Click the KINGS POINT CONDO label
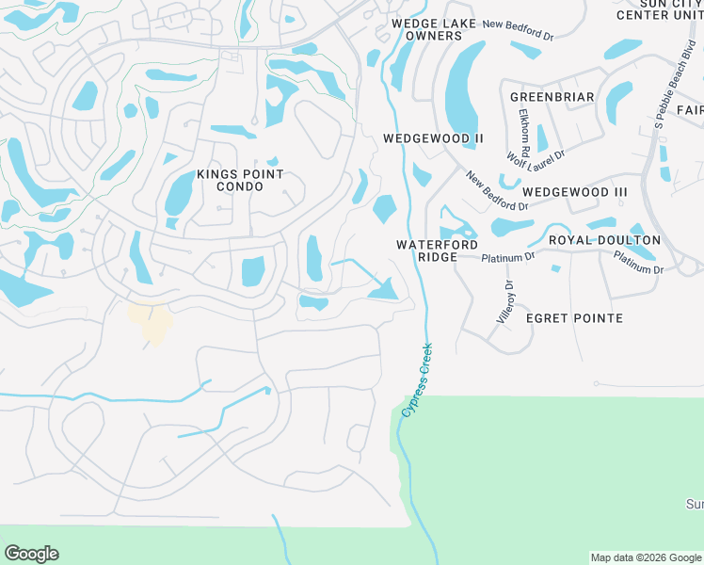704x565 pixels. (x=240, y=180)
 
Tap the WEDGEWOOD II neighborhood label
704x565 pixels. (x=433, y=138)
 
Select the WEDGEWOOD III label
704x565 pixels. (x=575, y=192)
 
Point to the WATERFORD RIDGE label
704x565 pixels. (x=437, y=250)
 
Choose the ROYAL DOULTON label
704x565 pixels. (x=604, y=240)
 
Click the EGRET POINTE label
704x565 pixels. (x=574, y=318)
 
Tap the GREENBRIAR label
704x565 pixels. (x=552, y=97)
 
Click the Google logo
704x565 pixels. (x=31, y=554)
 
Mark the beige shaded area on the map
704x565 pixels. (x=151, y=322)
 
